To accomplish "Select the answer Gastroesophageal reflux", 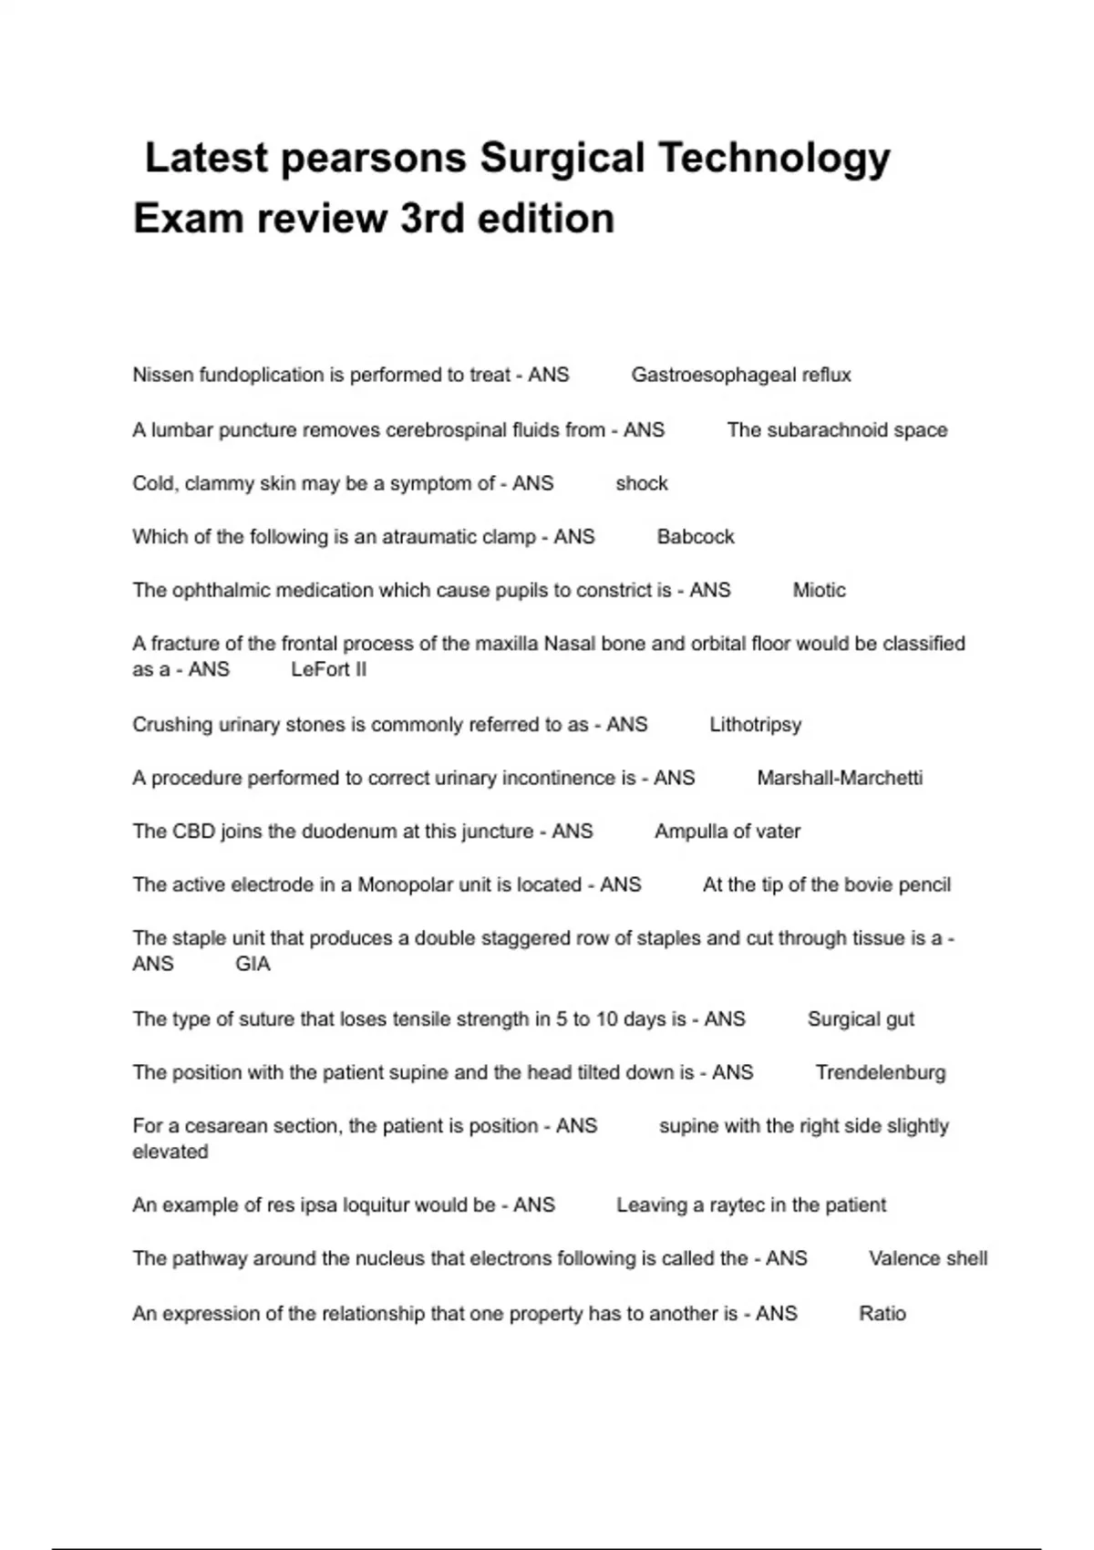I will click(740, 375).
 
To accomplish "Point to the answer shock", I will click(641, 483).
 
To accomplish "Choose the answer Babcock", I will click(695, 537).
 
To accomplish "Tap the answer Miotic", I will click(819, 590).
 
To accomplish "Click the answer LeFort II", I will click(328, 669).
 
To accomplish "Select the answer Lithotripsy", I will click(755, 725).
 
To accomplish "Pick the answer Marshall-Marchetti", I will click(839, 778).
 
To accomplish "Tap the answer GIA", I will click(253, 964).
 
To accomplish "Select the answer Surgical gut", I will click(860, 1019).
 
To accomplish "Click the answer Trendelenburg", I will click(880, 1072).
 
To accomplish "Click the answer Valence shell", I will click(927, 1258).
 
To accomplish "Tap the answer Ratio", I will click(882, 1314).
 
